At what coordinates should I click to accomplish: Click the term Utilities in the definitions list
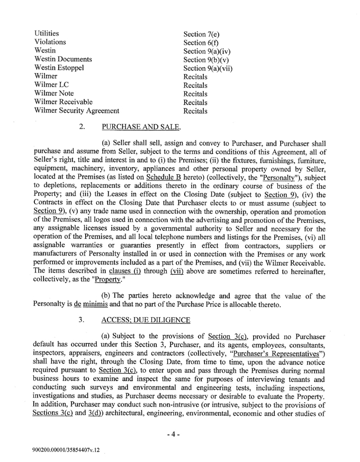pos(47,33)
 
